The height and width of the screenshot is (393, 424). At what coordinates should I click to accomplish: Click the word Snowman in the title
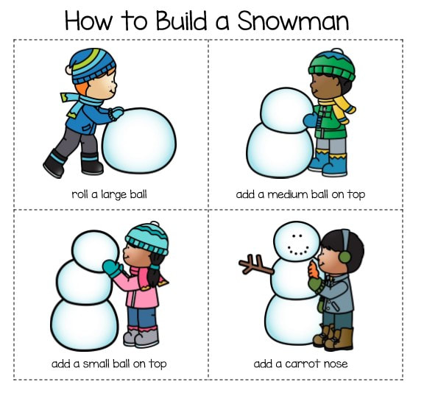tap(294, 21)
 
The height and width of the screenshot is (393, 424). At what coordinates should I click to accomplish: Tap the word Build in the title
tap(181, 21)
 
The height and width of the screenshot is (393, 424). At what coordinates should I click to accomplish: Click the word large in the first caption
tap(113, 195)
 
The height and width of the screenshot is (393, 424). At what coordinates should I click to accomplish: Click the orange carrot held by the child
tap(314, 269)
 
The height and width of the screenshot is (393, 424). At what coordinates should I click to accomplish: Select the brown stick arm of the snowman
tap(255, 265)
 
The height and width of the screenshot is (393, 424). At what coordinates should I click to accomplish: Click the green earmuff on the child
tap(344, 256)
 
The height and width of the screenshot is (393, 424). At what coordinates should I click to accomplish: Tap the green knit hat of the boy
tap(331, 65)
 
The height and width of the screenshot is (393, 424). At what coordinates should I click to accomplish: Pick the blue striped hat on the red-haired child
tap(91, 66)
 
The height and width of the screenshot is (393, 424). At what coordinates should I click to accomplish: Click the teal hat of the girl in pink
tap(146, 238)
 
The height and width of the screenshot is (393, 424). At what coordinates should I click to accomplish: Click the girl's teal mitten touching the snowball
tap(113, 268)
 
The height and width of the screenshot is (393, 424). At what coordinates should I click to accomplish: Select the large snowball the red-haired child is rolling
tap(139, 141)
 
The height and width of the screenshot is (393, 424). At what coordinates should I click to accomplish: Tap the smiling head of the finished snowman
tap(297, 241)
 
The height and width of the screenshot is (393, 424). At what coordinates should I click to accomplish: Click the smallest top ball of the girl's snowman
tap(95, 251)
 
